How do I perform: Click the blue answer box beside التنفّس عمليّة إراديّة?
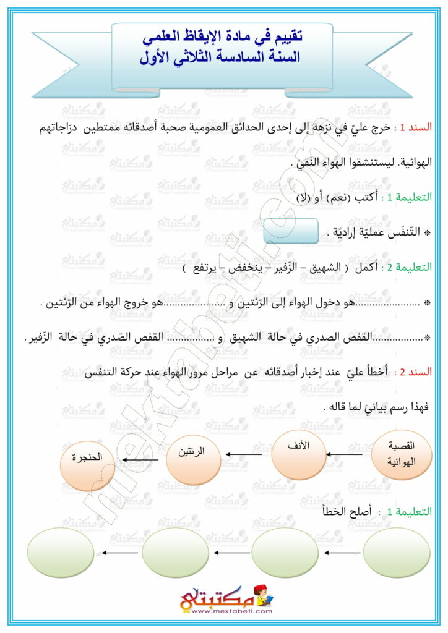point(290,232)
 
